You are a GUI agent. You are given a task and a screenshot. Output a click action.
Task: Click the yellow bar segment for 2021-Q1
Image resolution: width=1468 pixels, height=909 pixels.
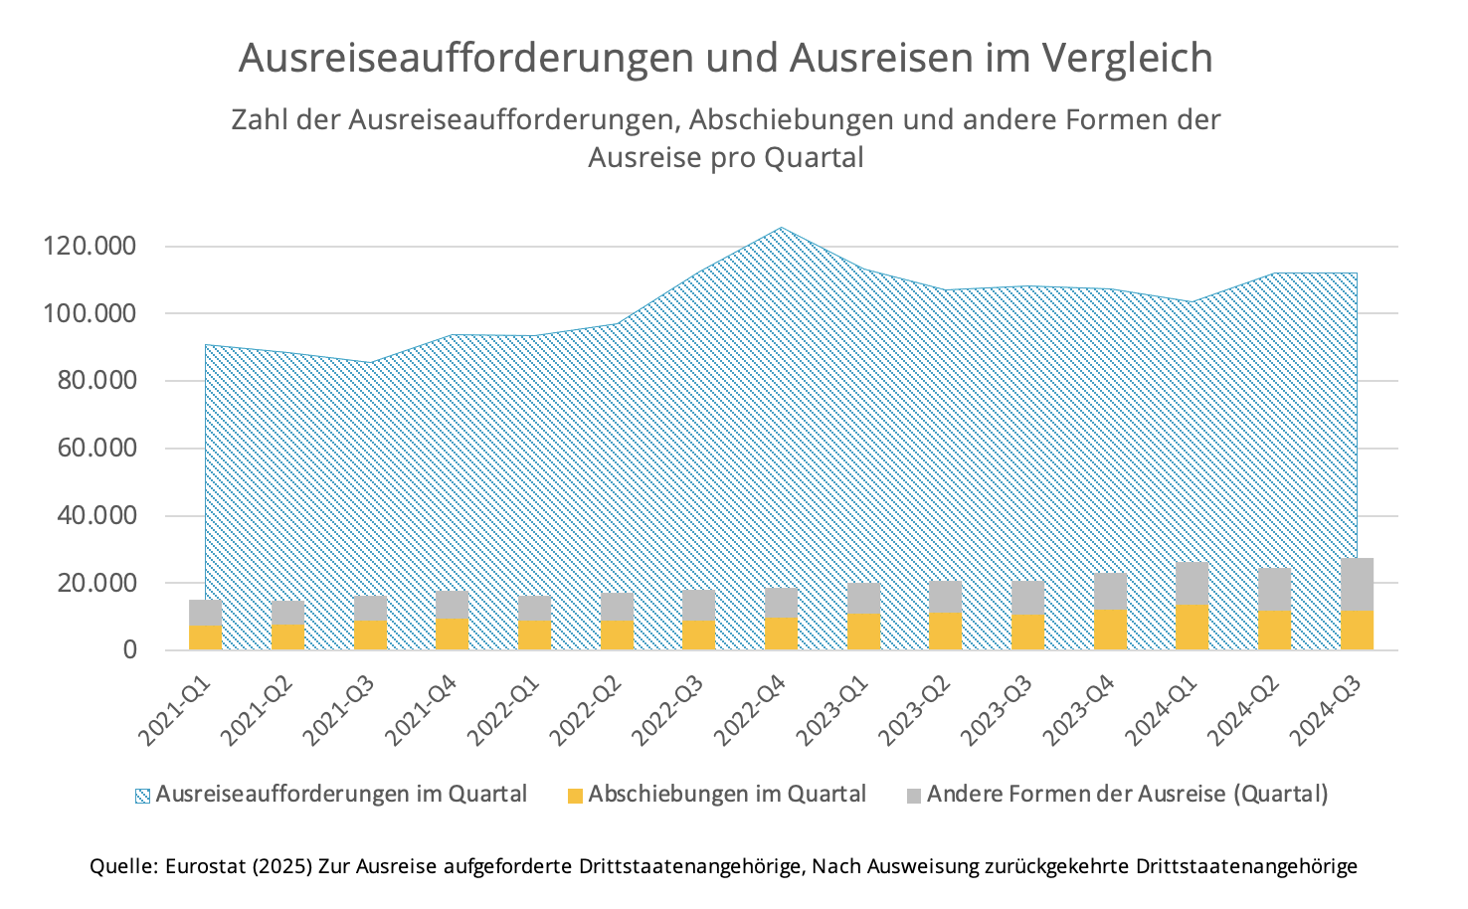(205, 637)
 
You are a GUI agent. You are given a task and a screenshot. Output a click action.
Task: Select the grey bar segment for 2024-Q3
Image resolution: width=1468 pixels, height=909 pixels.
(1357, 584)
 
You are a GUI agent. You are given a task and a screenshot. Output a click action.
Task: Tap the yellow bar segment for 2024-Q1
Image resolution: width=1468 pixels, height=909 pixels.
(1192, 627)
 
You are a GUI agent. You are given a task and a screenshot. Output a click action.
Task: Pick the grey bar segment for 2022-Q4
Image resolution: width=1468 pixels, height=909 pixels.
(781, 603)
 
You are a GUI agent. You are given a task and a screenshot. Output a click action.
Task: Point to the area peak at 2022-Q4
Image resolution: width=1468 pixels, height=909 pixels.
(781, 228)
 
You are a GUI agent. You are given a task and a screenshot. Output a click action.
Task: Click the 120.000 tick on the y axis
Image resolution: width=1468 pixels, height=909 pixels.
(90, 246)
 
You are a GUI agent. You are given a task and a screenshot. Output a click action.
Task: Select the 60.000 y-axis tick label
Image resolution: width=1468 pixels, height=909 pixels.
(90, 448)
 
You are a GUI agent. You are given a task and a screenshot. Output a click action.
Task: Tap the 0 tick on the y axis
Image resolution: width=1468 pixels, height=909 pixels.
(129, 649)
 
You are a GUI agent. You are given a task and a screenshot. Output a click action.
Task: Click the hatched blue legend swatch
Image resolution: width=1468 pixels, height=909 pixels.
(142, 796)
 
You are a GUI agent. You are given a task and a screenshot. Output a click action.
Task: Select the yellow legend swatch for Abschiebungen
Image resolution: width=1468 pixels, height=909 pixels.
(575, 796)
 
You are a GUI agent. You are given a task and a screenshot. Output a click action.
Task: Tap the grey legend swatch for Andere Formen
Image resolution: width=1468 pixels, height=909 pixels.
(914, 796)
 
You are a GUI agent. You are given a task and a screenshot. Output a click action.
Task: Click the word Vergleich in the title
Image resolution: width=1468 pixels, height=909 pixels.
(1127, 59)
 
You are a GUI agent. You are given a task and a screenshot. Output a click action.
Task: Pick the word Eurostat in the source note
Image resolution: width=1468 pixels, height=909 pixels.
(205, 866)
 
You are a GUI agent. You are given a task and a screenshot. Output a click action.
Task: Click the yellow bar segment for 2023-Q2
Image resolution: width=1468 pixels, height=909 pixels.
(945, 631)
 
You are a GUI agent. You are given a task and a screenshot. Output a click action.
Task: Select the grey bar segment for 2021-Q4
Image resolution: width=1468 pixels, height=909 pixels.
(452, 604)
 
